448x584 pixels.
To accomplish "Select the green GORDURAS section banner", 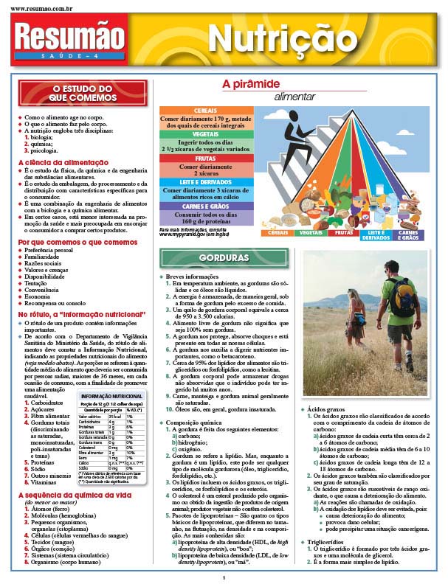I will point(224,258).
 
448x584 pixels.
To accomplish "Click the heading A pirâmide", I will point(252,84).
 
